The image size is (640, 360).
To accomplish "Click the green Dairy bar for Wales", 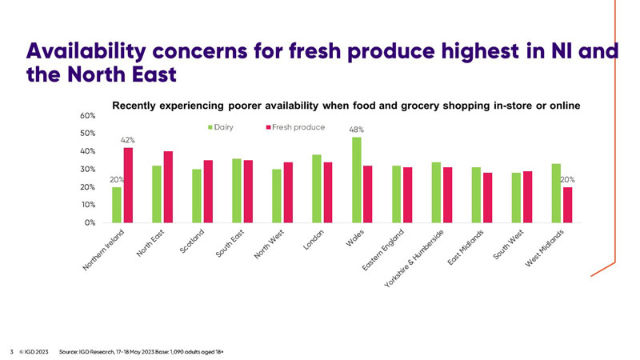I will pos(357,180).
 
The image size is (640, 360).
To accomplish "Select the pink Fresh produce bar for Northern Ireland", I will pos(128,185).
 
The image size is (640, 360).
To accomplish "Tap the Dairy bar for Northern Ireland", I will pos(117,205).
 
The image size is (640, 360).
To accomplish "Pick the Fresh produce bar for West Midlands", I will pos(567,205).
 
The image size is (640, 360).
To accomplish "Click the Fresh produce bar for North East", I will pos(168,186).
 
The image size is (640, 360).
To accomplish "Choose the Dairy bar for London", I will pos(317,188).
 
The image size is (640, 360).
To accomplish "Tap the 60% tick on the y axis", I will pos(88,115).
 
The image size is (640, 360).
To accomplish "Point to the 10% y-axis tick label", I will pos(88,205).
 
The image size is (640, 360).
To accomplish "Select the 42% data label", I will pos(127,140).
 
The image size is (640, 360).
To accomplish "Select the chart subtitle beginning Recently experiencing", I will pos(345,106).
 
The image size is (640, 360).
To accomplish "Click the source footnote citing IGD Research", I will pos(146,350).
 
